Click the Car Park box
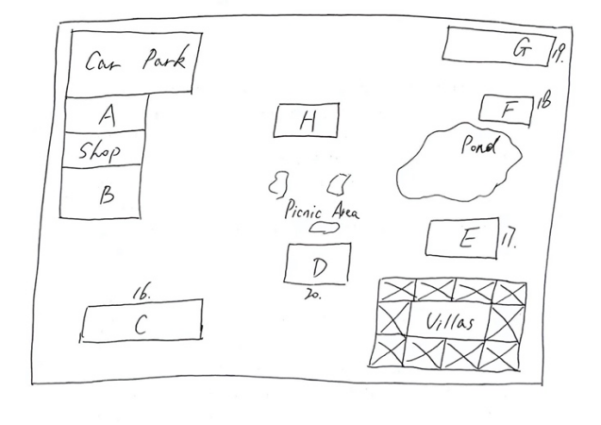(135, 62)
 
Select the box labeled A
(106, 115)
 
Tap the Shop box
(102, 149)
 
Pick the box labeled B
(104, 194)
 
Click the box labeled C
(142, 324)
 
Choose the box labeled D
(318, 263)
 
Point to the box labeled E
(461, 238)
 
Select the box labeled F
(507, 110)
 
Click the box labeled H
(307, 120)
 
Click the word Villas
(451, 323)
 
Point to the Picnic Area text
(321, 212)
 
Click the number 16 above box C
(142, 294)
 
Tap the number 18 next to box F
(543, 101)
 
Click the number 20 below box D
(313, 294)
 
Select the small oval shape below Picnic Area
(326, 228)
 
